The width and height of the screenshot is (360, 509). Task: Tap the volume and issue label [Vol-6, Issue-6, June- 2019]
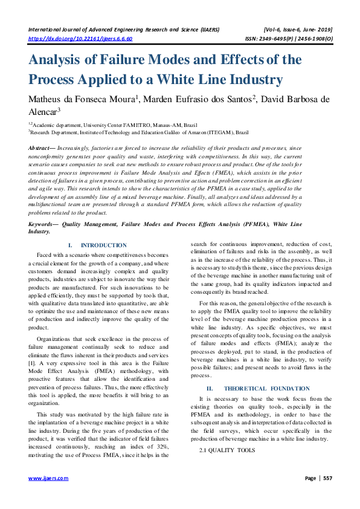(x=298, y=28)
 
